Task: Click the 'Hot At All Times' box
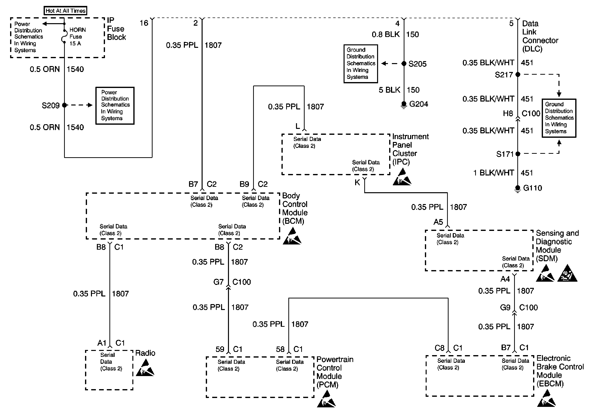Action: tap(66, 11)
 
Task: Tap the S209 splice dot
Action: tap(65, 105)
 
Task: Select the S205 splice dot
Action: tap(404, 64)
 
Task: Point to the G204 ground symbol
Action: tap(404, 105)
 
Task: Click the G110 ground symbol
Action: tap(518, 189)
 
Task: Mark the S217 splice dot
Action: tap(518, 74)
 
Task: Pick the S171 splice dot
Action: tap(518, 154)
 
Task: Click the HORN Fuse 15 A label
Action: tap(77, 37)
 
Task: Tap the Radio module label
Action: tap(145, 353)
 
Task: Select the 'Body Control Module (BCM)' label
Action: tap(295, 208)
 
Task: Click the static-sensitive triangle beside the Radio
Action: tap(145, 368)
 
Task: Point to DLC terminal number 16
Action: tap(144, 23)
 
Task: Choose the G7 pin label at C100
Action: tap(218, 282)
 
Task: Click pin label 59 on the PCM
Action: tap(220, 349)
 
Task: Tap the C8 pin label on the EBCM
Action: tap(439, 348)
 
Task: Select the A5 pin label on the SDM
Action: tap(438, 222)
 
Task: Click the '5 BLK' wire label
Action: tap(389, 90)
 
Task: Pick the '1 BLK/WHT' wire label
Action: tap(493, 173)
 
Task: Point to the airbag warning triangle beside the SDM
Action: tap(567, 273)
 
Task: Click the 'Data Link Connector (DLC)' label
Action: tap(540, 36)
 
